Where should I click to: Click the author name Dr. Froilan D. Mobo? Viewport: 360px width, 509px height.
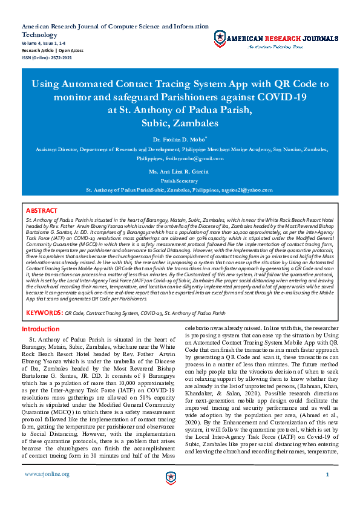(179, 139)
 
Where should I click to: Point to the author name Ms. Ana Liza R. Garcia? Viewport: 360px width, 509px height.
(179, 172)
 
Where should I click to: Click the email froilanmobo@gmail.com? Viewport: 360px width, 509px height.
(194, 158)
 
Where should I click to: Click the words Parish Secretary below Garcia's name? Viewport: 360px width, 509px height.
(179, 180)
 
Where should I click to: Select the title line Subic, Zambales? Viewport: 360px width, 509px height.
(180, 123)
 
